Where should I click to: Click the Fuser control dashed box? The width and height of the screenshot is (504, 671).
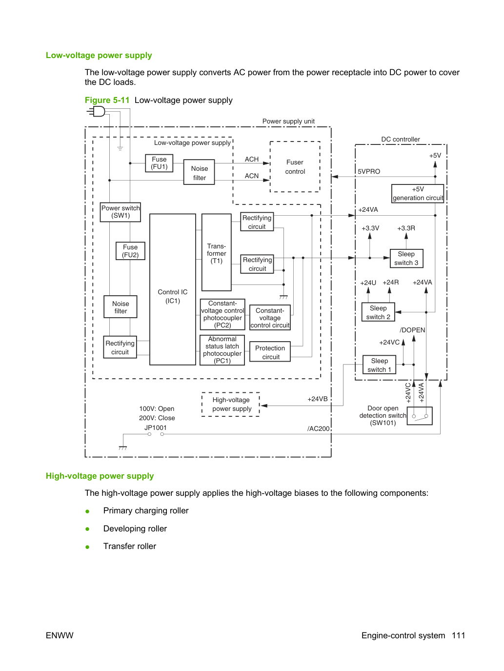click(270, 167)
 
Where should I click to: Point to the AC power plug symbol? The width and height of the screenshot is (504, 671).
click(96, 112)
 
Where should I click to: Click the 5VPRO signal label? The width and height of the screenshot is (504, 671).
click(369, 171)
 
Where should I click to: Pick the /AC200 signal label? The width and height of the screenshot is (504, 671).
click(319, 428)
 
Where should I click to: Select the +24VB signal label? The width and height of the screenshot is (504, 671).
click(318, 399)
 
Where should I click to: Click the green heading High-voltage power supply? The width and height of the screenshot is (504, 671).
click(100, 476)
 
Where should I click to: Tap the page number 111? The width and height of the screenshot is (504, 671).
click(459, 635)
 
